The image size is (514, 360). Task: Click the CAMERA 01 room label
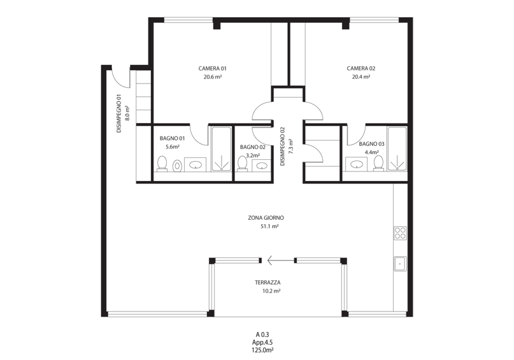(213, 69)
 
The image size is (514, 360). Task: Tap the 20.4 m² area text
(361, 77)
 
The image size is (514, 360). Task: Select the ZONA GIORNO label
(266, 218)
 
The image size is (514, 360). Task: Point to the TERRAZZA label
(268, 282)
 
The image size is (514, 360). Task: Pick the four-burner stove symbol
(400, 233)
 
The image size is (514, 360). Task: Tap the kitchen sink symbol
(400, 263)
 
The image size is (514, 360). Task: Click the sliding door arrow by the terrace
(281, 261)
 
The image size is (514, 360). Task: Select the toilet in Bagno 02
(242, 164)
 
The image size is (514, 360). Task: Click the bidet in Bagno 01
(177, 166)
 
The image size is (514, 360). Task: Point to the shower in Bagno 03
(397, 148)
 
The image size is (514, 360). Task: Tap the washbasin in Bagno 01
(196, 164)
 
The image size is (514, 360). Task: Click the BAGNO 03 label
(371, 144)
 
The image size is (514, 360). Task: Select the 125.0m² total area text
(262, 350)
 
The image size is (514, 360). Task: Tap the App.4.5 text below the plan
(262, 342)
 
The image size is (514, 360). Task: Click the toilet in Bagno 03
(378, 163)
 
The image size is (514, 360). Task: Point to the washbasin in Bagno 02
(262, 166)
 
